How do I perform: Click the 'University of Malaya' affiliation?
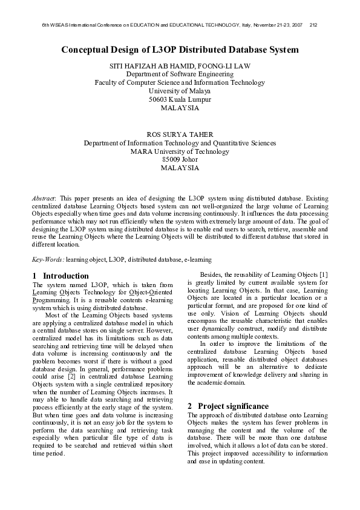tap(180, 90)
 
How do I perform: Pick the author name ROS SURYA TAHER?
tap(180, 134)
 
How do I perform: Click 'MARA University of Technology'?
tap(180, 151)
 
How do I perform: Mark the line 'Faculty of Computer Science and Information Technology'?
tap(180, 82)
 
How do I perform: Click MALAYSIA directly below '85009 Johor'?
tap(180, 168)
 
